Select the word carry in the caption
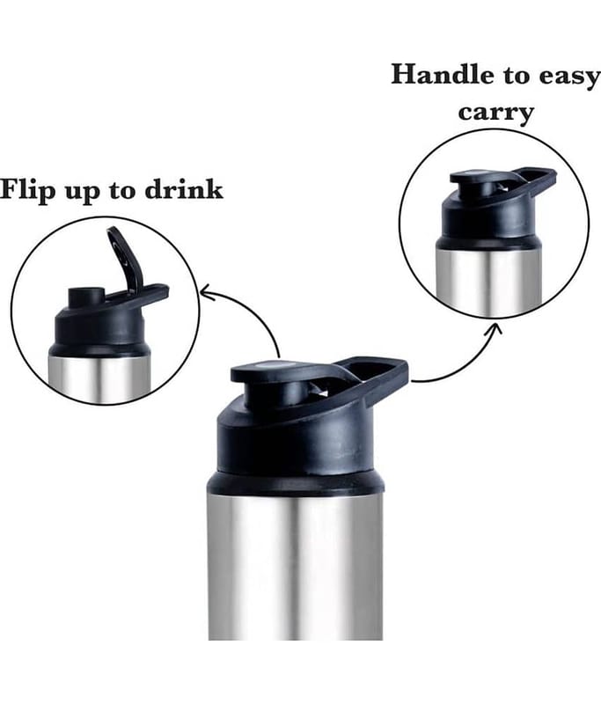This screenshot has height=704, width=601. pos(496,113)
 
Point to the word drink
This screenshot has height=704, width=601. pos(184,189)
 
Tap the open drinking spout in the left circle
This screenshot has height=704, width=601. pos(85,297)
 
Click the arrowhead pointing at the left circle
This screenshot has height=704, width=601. pos(207,293)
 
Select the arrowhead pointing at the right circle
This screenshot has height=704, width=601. pos(495,328)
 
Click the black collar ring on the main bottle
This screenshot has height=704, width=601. pos(296,482)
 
